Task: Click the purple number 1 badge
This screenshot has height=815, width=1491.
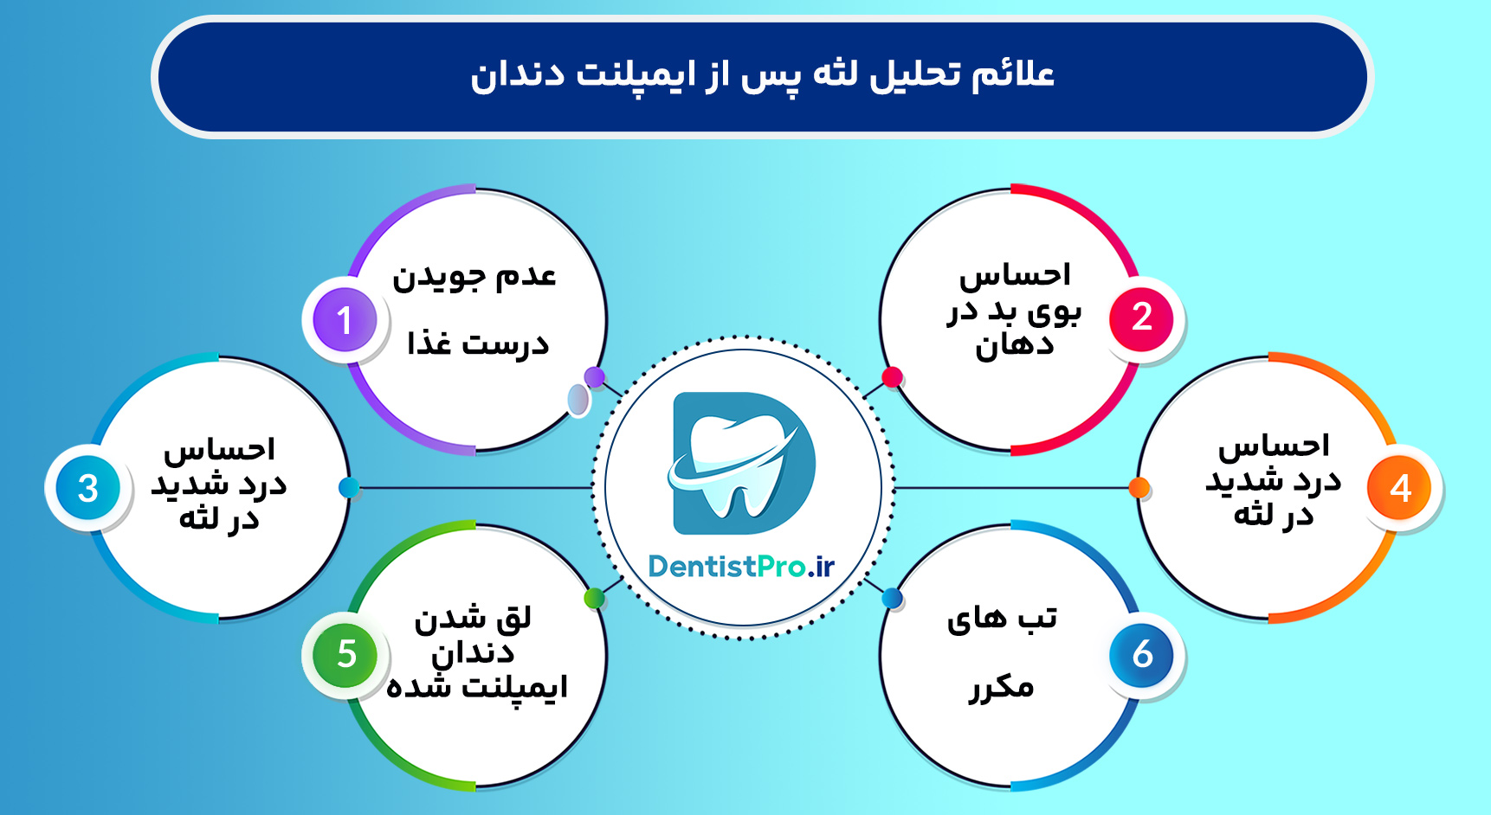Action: [345, 319]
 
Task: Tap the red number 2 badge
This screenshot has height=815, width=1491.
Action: [1141, 318]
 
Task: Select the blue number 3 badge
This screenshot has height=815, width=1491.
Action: [87, 488]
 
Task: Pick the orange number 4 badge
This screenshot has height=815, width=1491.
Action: [1399, 488]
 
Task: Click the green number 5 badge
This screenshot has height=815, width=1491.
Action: [345, 655]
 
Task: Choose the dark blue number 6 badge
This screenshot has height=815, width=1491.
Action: [1142, 655]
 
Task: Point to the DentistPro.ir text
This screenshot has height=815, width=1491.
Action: [741, 567]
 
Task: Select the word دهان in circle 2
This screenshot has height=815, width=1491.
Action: [1014, 347]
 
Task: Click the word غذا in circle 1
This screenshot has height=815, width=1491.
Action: [430, 343]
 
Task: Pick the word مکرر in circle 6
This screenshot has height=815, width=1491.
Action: [1002, 688]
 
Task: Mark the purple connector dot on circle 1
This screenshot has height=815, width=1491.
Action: [594, 377]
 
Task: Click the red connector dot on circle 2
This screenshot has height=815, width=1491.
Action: [892, 377]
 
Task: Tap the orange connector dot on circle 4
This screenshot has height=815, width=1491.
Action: [1139, 488]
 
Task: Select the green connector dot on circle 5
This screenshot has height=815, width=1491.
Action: [594, 598]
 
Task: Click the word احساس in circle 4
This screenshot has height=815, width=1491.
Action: [1274, 446]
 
